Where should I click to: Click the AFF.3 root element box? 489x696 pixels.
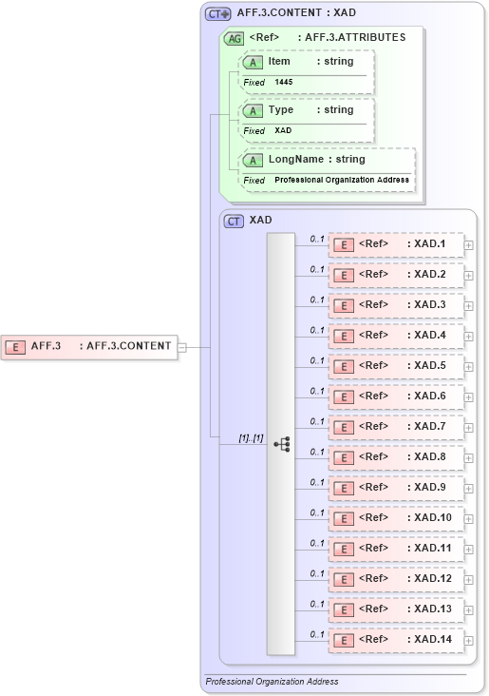pyautogui.click(x=90, y=346)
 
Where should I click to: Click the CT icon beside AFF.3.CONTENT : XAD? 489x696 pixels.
pyautogui.click(x=219, y=13)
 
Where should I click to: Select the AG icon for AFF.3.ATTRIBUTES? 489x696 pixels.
pyautogui.click(x=233, y=38)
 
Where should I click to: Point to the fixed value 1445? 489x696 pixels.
pyautogui.click(x=284, y=83)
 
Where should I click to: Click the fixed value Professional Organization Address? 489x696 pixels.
pyautogui.click(x=342, y=180)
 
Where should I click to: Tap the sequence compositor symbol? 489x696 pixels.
pyautogui.click(x=281, y=444)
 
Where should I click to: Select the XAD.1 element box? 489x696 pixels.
pyautogui.click(x=396, y=244)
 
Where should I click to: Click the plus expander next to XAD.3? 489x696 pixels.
pyautogui.click(x=469, y=306)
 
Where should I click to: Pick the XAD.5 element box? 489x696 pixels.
pyautogui.click(x=396, y=366)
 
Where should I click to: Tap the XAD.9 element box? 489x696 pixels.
pyautogui.click(x=396, y=488)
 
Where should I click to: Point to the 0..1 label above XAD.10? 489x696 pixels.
pyautogui.click(x=317, y=512)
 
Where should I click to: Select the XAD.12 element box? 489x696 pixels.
pyautogui.click(x=396, y=579)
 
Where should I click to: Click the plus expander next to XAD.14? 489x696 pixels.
pyautogui.click(x=469, y=641)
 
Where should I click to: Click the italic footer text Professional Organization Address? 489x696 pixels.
pyautogui.click(x=272, y=682)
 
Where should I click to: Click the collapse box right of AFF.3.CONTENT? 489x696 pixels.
pyautogui.click(x=181, y=347)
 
